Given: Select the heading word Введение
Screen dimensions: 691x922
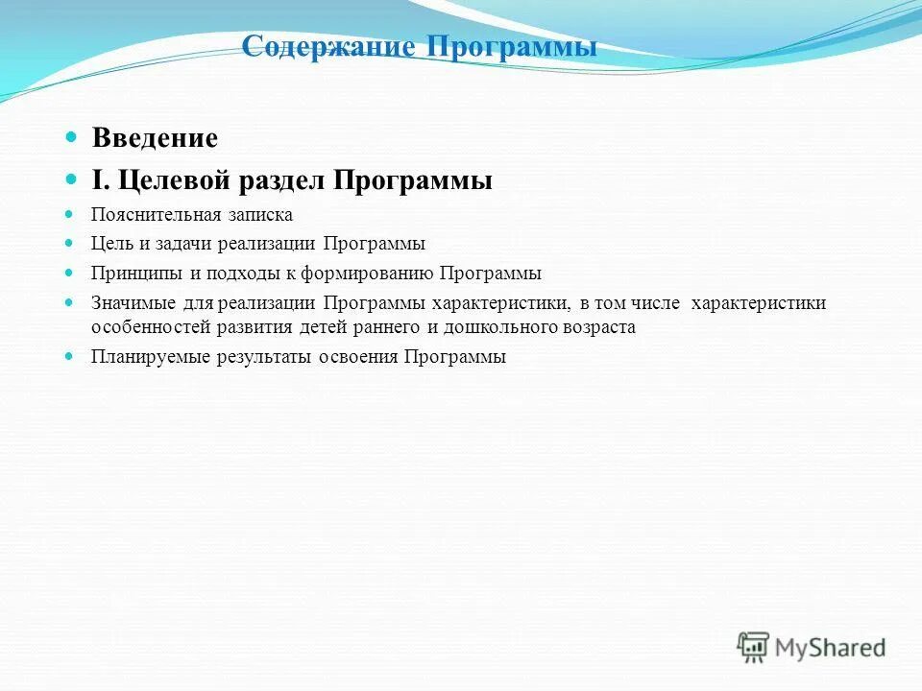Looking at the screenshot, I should [x=155, y=138].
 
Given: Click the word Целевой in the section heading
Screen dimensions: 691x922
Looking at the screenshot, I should [x=167, y=180].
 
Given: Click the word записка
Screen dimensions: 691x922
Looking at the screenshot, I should [x=258, y=215].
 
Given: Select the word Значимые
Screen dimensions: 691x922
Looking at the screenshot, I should [x=133, y=303].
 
